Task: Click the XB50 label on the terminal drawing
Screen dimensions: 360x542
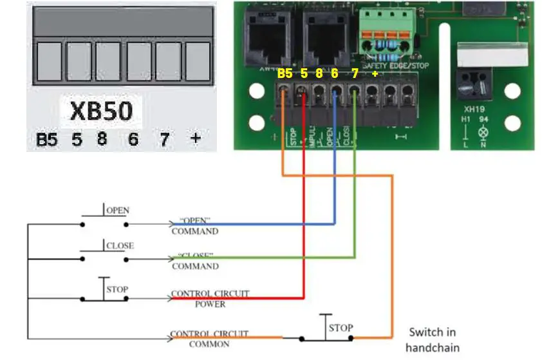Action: point(102,111)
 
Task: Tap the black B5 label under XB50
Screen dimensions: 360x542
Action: point(46,139)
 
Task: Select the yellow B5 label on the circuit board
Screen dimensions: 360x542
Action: point(285,74)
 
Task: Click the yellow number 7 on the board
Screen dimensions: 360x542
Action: point(355,74)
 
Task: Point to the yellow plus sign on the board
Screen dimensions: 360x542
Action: point(375,74)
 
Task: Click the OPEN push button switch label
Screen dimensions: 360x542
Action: point(117,211)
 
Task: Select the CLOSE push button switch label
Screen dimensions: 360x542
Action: point(119,245)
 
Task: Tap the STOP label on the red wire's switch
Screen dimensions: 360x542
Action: point(118,289)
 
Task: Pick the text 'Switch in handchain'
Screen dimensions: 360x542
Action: point(433,339)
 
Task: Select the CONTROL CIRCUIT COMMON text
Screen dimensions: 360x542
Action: point(210,339)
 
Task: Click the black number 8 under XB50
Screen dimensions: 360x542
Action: point(102,139)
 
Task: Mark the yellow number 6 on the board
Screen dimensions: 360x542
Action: point(335,74)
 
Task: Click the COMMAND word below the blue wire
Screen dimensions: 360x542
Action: point(195,231)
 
